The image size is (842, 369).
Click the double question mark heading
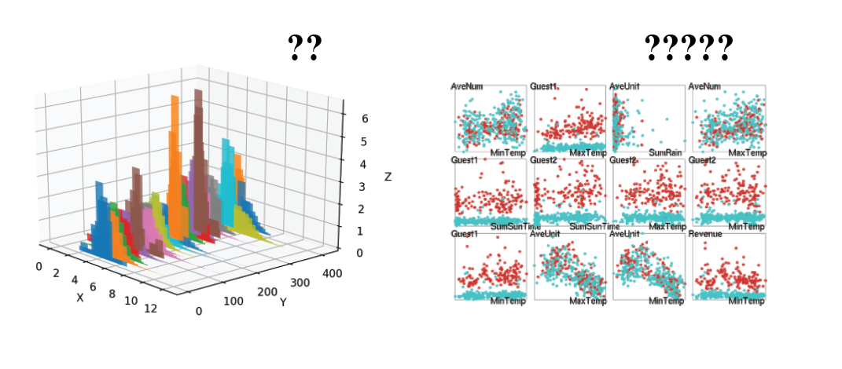click(x=305, y=49)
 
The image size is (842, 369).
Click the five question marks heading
click(x=688, y=49)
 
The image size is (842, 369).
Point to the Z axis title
click(x=388, y=177)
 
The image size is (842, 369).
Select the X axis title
click(x=79, y=298)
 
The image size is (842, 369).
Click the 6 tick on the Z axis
click(x=364, y=119)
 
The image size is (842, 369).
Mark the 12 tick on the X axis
click(x=150, y=309)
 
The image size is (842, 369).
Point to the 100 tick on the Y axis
click(x=233, y=301)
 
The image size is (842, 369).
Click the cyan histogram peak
click(x=227, y=142)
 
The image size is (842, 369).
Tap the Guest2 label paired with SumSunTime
click(x=543, y=160)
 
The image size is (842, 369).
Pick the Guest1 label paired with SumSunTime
click(x=464, y=160)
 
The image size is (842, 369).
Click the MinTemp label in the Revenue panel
click(x=746, y=301)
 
